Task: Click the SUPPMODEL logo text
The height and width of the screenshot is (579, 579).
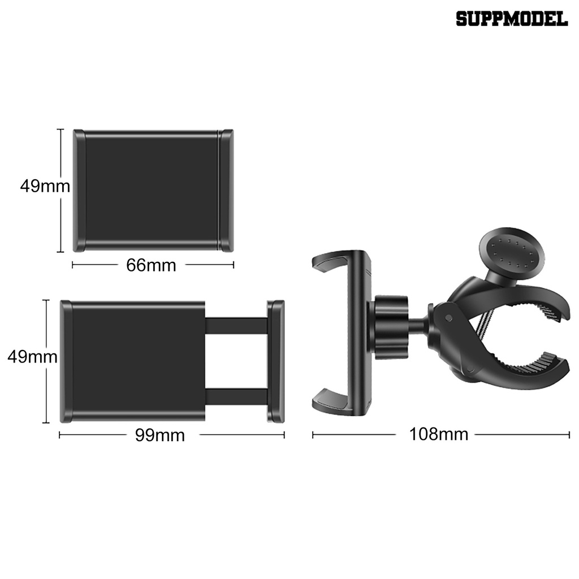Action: [511, 19]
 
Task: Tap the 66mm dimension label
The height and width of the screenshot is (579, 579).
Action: [151, 265]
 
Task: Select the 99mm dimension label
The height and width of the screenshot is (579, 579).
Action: [159, 435]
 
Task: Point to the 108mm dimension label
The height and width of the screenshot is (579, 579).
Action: [438, 434]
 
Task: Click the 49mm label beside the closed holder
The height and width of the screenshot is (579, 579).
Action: [45, 186]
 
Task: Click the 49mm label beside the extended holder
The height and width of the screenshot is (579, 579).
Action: [32, 357]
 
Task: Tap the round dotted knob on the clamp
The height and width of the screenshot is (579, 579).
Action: [511, 253]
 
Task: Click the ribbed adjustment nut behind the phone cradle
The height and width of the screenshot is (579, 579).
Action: [391, 327]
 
